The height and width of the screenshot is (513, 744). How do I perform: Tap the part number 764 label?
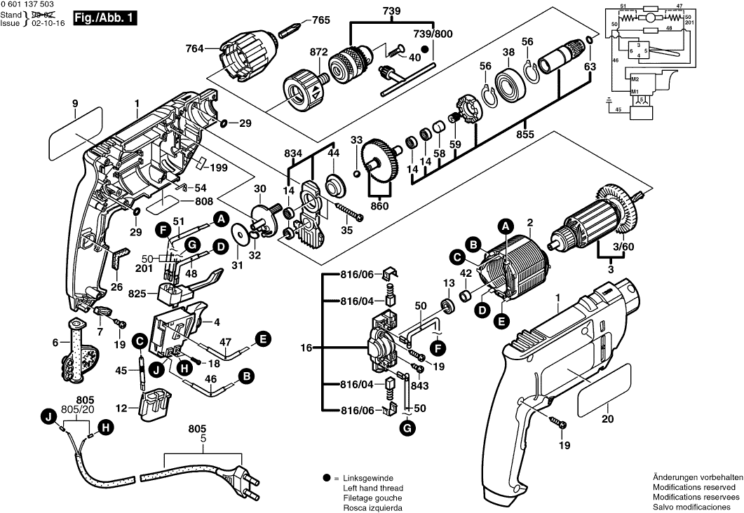click(x=194, y=48)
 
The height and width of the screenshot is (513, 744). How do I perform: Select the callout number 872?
click(x=319, y=53)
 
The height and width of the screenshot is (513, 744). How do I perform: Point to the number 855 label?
click(x=524, y=133)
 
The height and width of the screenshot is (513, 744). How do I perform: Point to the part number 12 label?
click(x=121, y=408)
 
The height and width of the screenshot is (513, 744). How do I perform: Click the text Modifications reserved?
click(x=694, y=486)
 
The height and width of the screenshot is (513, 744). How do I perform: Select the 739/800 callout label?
click(x=433, y=34)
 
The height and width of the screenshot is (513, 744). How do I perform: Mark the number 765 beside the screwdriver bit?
click(x=320, y=20)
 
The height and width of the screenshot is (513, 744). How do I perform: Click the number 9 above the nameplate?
click(x=75, y=104)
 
